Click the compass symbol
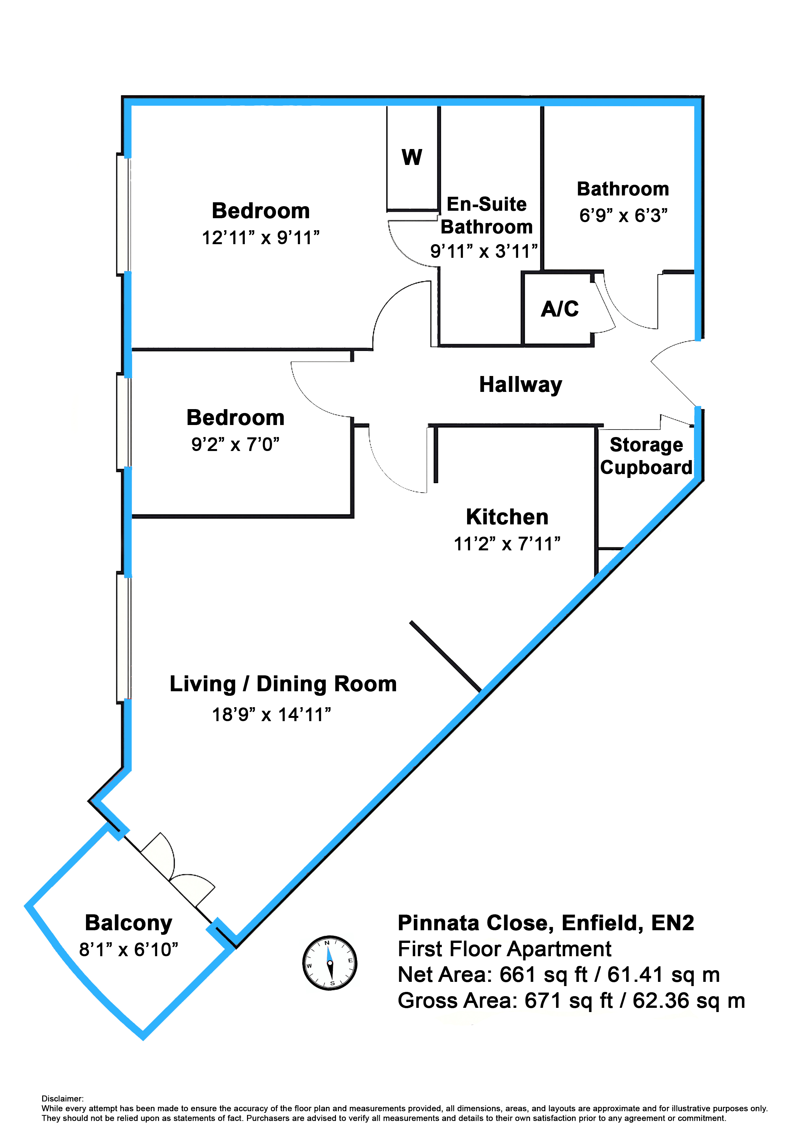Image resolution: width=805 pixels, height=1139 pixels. tap(330, 963)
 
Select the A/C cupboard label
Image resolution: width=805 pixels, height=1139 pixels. tap(560, 308)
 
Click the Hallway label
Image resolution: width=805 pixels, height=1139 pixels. tap(520, 385)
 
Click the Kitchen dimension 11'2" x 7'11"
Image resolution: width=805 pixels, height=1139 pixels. tap(507, 544)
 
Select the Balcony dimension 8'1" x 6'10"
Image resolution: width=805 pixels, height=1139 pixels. tap(129, 949)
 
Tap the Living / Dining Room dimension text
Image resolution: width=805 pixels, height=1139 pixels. tap(271, 715)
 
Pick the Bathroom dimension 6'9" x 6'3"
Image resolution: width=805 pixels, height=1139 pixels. tap(623, 215)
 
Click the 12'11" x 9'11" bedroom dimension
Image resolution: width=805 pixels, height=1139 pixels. tap(260, 238)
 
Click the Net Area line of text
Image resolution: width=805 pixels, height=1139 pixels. tap(559, 975)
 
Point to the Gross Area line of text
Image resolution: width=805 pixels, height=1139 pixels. tap(571, 1001)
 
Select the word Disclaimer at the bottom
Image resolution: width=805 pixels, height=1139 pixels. tap(63, 1098)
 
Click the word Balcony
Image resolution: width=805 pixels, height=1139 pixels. tap(129, 923)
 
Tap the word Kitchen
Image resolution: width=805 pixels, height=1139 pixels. tap(507, 517)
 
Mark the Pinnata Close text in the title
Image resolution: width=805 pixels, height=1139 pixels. tap(473, 923)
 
